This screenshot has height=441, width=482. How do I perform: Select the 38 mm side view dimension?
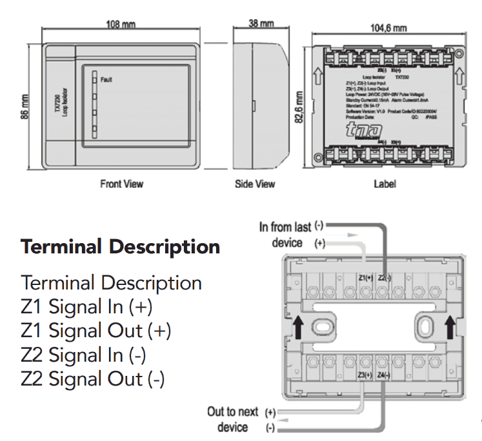tap(261, 23)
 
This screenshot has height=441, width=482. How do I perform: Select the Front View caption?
tap(121, 184)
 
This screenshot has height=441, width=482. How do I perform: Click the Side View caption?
tap(255, 184)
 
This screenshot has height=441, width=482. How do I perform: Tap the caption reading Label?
tap(385, 184)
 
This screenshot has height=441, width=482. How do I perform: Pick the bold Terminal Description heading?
tap(120, 246)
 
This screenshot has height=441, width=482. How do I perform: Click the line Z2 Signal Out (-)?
tap(92, 378)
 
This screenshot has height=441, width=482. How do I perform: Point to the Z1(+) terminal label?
tap(367, 277)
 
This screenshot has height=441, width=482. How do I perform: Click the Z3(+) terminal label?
tap(365, 375)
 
